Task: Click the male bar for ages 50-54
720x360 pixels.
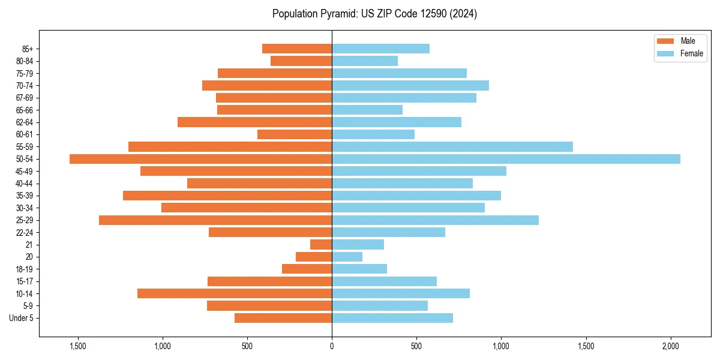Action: [200, 159]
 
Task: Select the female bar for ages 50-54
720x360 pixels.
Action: [506, 159]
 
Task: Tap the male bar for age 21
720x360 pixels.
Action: [321, 245]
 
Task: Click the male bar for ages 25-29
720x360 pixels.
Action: [215, 220]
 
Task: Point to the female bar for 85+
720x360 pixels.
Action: [380, 49]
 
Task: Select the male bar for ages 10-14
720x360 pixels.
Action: [235, 293]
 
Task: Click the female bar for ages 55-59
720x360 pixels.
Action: [452, 147]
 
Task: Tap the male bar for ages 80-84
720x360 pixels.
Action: [301, 61]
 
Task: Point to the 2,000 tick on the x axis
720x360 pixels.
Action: [671, 346]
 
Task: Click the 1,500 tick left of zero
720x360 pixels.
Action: [78, 346]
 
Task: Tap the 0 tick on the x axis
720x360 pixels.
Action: [332, 346]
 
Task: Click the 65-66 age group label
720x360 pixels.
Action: [25, 110]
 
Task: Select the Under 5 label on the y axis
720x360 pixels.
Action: [22, 318]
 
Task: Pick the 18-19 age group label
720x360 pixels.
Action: [25, 269]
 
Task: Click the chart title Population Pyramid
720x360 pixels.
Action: [374, 14]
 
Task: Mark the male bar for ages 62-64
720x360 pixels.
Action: [254, 122]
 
